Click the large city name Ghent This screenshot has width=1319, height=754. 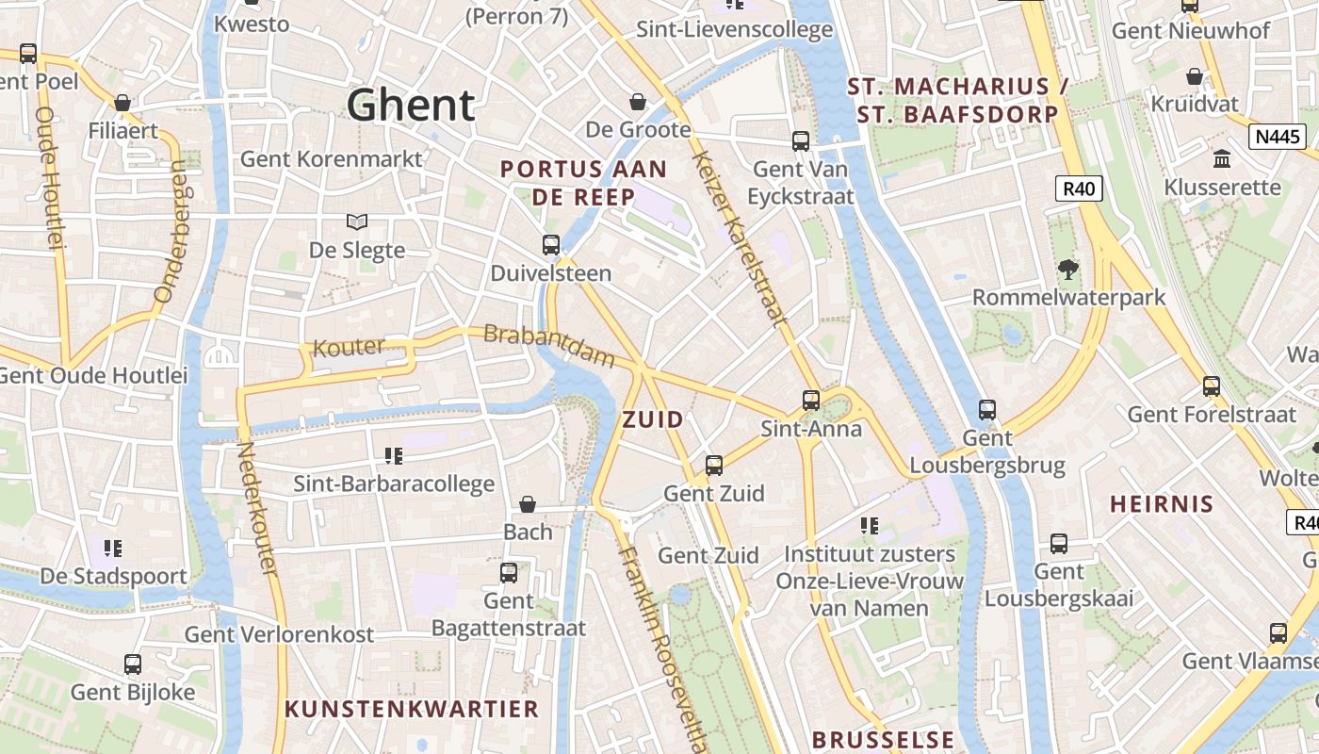(411, 105)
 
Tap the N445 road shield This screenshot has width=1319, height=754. (1278, 137)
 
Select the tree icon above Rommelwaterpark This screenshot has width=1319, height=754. (1067, 270)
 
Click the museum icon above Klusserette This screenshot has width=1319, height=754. (1222, 158)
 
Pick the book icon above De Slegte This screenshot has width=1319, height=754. (357, 222)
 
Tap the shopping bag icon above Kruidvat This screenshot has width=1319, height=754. (1195, 76)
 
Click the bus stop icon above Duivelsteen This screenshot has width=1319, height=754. (551, 245)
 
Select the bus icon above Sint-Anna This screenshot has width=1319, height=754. (811, 401)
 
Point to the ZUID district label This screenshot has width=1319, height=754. (653, 420)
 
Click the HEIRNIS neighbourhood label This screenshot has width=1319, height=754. (1162, 504)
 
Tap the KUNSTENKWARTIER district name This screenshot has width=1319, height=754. (412, 709)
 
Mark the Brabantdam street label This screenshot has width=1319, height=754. (548, 346)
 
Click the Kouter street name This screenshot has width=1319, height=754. (349, 347)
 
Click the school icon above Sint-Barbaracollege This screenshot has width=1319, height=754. (394, 456)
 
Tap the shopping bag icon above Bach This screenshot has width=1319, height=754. (528, 505)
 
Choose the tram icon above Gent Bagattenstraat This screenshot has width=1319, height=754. (509, 573)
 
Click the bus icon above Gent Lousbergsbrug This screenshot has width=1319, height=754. (986, 410)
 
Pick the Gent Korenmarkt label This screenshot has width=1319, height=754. (332, 158)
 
